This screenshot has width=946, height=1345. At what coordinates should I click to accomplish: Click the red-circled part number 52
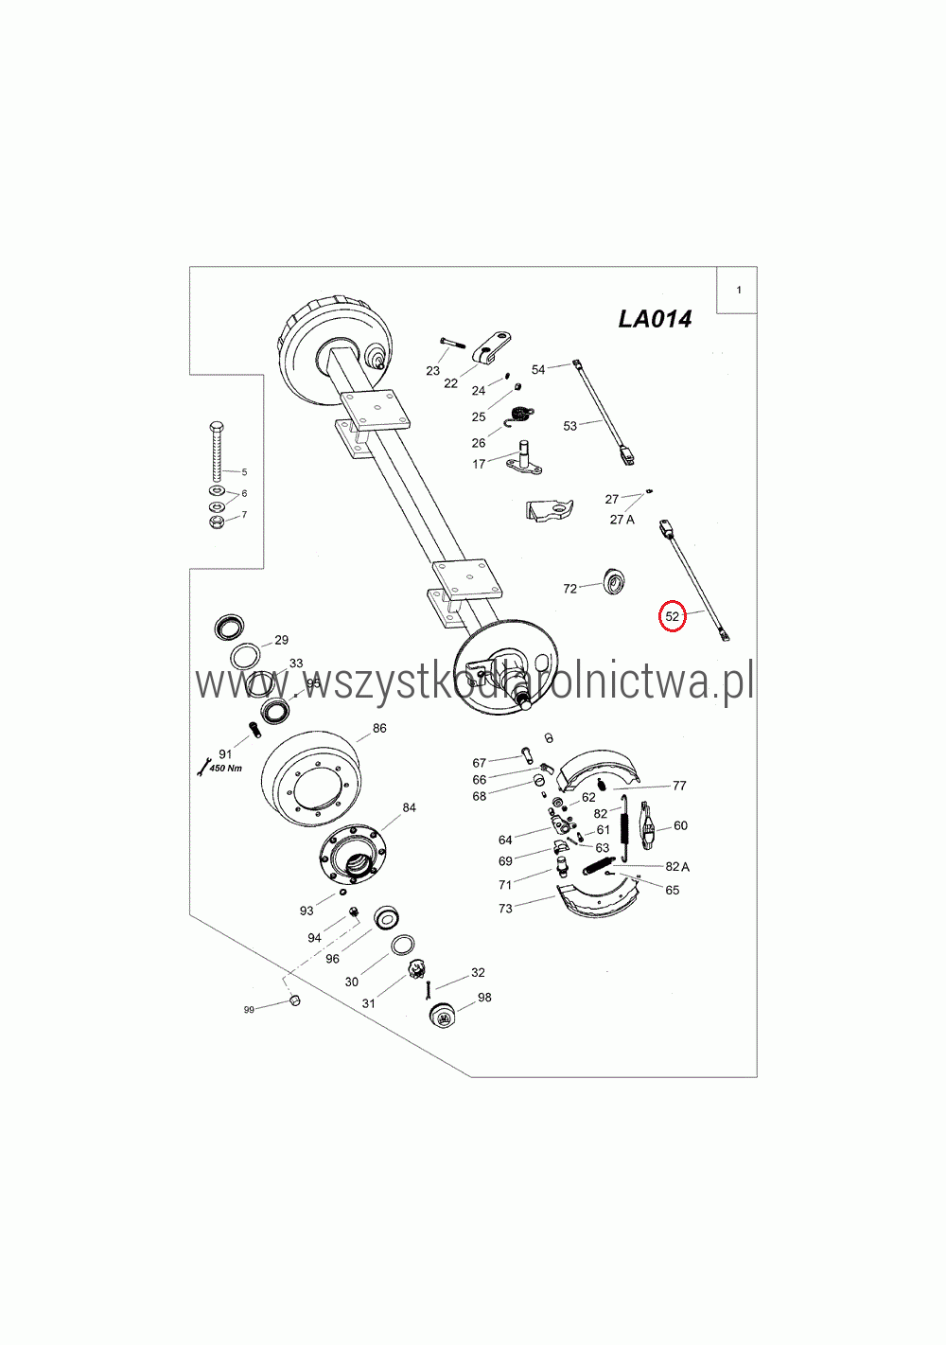(672, 616)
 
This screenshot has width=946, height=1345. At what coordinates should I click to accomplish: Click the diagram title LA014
(655, 319)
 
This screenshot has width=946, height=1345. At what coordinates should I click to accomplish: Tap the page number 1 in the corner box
(738, 290)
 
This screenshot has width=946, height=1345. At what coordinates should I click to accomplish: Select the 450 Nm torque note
(226, 768)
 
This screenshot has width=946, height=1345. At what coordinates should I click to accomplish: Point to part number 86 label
(379, 728)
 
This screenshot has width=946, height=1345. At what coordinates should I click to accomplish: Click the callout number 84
(409, 807)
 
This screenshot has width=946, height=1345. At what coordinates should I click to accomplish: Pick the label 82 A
(677, 866)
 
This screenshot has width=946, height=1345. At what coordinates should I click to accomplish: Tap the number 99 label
(249, 1009)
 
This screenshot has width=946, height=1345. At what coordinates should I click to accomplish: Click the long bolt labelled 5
(217, 451)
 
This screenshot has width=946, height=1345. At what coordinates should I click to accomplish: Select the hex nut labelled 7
(217, 522)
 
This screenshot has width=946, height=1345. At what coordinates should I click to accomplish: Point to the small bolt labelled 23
(452, 343)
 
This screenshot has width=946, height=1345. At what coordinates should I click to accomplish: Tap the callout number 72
(569, 589)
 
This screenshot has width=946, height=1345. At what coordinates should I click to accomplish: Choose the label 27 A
(622, 520)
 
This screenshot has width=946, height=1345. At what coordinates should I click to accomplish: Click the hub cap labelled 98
(443, 1016)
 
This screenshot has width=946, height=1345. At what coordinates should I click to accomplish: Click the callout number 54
(538, 370)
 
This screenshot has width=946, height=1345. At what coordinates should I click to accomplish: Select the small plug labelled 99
(294, 1000)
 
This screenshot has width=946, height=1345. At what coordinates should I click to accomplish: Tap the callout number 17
(479, 464)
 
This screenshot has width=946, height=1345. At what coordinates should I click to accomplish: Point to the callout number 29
(282, 640)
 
